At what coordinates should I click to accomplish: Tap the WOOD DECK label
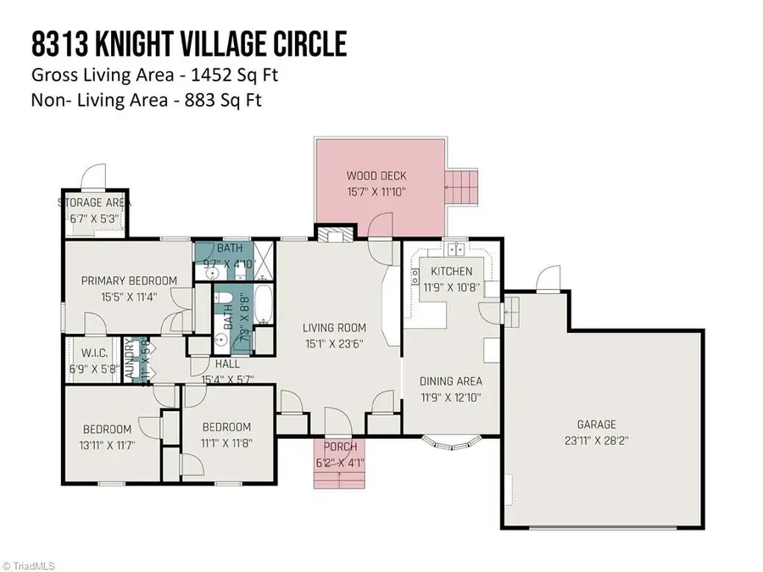pos(376,176)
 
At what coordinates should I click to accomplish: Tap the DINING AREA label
pos(450,380)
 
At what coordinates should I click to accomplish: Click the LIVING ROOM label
pos(336,327)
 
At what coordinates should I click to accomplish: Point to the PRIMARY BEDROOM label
pos(129,280)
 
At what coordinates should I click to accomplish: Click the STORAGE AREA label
pos(93,203)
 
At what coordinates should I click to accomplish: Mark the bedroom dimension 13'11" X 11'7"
pos(107,444)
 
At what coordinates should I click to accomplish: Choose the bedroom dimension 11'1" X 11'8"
pos(226,442)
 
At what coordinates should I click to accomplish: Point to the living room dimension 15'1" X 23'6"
pos(336,343)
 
